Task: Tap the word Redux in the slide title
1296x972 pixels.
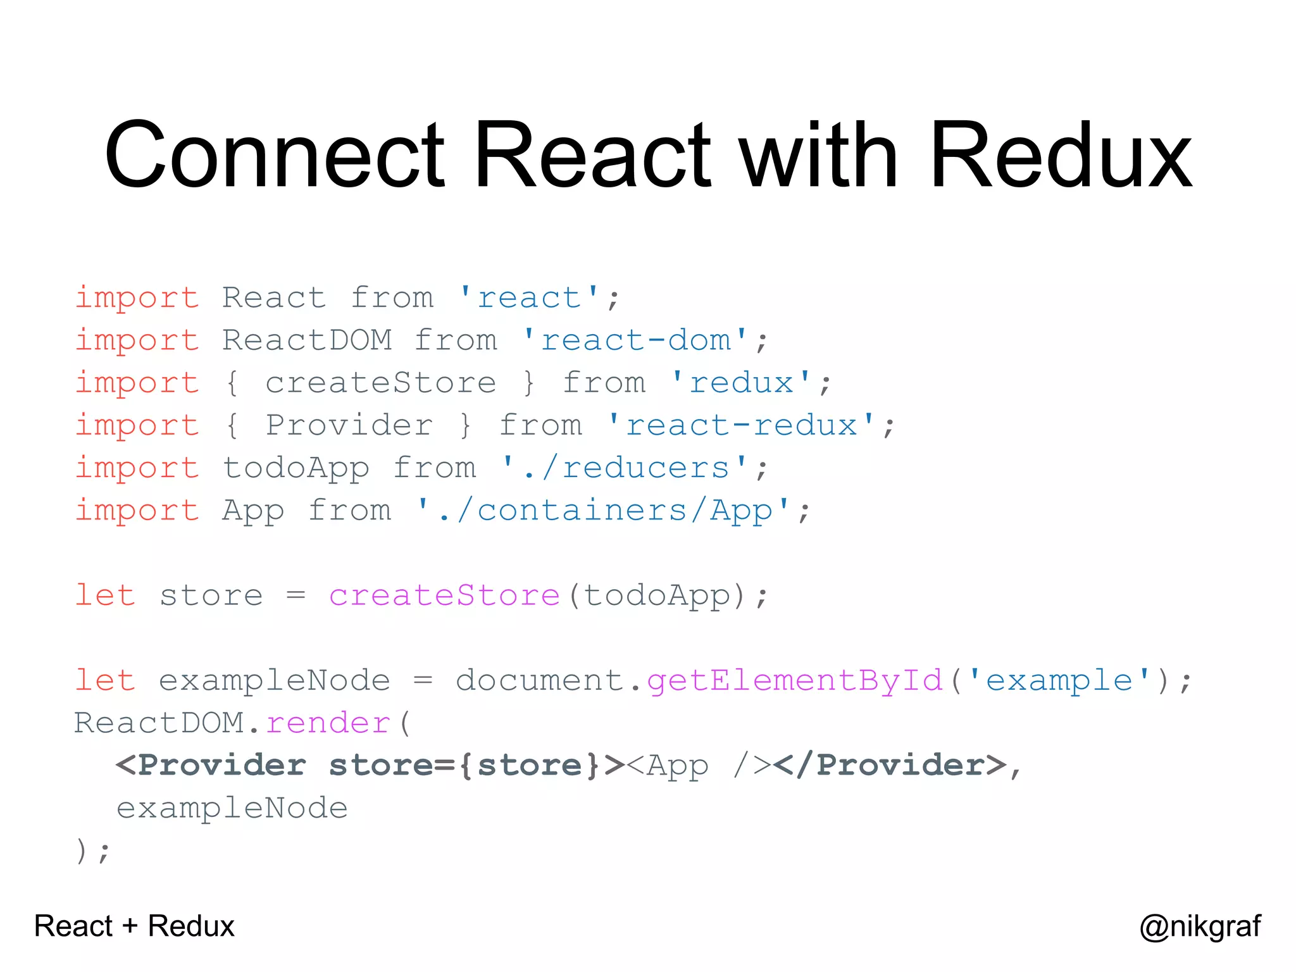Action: tap(1061, 155)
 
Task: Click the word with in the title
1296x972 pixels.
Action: tap(819, 155)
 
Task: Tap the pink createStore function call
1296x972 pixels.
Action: tap(444, 595)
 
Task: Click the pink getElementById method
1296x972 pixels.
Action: tap(795, 681)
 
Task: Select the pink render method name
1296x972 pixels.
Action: tap(328, 723)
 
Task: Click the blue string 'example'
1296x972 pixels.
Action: tap(1059, 681)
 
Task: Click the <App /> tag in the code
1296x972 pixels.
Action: tap(699, 766)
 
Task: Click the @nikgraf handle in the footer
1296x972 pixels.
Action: tap(1200, 926)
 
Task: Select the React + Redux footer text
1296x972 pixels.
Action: tap(134, 926)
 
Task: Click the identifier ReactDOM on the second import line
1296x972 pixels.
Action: tap(307, 340)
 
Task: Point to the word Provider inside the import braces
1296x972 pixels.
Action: tap(349, 425)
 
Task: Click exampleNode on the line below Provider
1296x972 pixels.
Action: tap(232, 808)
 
